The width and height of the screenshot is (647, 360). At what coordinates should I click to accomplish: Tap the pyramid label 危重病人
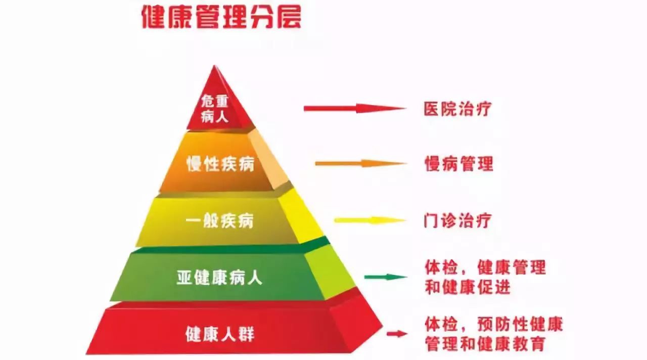[215, 109]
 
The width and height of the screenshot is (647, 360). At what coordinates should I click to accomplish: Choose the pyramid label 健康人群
[220, 334]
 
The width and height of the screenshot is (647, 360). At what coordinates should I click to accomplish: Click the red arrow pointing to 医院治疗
[354, 108]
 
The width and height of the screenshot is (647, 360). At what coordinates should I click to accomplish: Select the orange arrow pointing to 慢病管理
[360, 163]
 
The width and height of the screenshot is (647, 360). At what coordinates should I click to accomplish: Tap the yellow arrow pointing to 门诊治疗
[369, 220]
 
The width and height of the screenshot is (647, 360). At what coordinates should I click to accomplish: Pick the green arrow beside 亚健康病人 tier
[385, 277]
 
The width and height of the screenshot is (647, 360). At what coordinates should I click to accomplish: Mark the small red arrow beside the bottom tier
[397, 334]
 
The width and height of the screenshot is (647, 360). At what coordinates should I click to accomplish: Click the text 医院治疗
[457, 108]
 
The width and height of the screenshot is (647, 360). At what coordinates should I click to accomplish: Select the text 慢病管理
[458, 164]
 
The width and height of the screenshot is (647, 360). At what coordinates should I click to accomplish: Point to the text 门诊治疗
[457, 220]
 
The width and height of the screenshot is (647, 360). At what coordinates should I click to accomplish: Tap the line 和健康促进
[467, 287]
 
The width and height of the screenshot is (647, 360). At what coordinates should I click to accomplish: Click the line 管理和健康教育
[485, 344]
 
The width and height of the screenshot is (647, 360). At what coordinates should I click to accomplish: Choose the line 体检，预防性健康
[493, 324]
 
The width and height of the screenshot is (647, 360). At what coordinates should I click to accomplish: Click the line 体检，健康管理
[485, 267]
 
